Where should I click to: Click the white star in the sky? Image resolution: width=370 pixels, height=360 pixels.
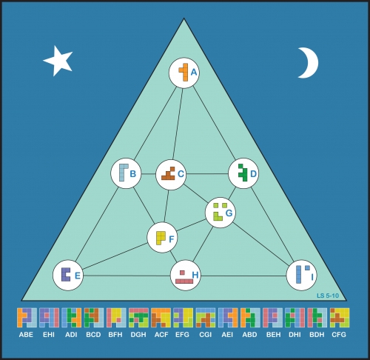click(58, 61)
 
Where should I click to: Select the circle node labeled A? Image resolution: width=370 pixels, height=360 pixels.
click(184, 73)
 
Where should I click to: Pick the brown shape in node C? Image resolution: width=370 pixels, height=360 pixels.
click(169, 173)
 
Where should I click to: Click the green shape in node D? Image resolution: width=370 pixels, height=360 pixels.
click(243, 173)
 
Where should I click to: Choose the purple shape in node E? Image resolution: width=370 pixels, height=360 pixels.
click(66, 274)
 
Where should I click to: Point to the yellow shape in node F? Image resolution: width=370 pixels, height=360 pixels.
click(161, 238)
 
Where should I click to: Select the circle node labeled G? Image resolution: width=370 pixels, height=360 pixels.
click(221, 213)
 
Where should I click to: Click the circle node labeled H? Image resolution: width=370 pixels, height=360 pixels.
click(186, 276)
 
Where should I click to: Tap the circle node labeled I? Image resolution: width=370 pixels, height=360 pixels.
click(301, 275)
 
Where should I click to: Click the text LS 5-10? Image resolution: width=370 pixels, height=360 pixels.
click(328, 296)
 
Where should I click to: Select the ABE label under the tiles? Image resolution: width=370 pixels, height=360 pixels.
click(26, 335)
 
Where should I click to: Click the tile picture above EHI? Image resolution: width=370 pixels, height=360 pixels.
click(49, 318)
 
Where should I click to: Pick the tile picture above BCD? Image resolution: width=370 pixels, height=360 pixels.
click(94, 318)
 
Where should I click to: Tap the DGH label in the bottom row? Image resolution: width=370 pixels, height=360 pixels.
click(138, 335)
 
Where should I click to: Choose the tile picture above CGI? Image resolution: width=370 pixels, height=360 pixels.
click(206, 318)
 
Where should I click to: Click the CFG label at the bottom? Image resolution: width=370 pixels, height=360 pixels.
click(339, 335)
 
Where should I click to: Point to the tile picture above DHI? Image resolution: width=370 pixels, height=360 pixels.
click(295, 318)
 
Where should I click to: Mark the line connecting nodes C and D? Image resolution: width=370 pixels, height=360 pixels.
click(207, 174)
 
